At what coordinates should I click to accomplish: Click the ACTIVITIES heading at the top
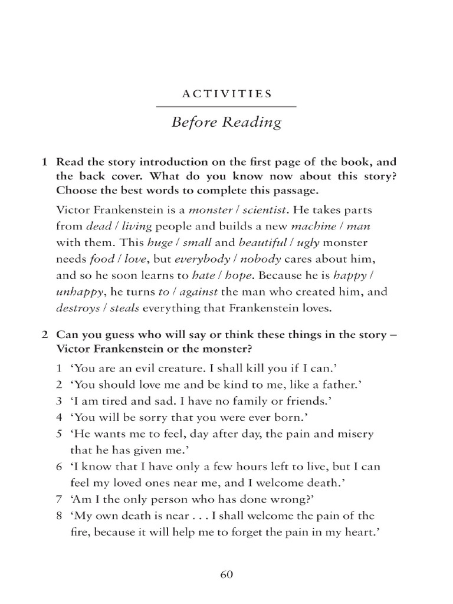[226, 93]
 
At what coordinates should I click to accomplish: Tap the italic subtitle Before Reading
[226, 123]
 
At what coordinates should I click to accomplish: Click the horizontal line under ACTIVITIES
[226, 106]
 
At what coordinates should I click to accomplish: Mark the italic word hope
[241, 275]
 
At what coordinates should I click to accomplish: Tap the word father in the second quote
[339, 385]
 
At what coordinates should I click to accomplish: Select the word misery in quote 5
[357, 434]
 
